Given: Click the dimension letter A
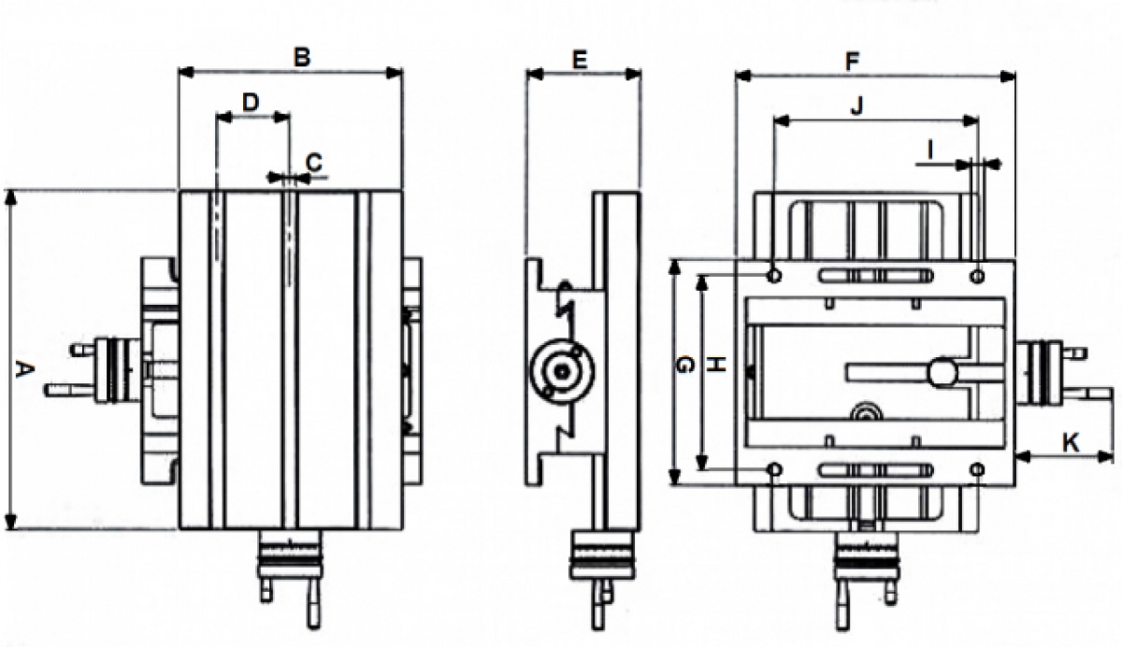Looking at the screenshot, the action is click(x=23, y=369).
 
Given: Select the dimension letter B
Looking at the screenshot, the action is click(x=302, y=58).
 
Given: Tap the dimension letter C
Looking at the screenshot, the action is click(x=314, y=163).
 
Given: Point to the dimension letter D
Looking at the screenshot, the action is click(x=251, y=103).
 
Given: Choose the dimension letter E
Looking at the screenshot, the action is click(x=580, y=60).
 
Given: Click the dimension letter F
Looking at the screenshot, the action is click(x=852, y=62).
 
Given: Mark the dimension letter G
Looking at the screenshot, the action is click(x=684, y=365).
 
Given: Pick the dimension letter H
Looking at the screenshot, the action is click(x=717, y=364).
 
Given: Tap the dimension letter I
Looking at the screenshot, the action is click(x=930, y=150).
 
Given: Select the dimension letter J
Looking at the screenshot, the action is click(x=857, y=107).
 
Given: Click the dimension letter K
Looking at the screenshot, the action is click(x=1071, y=442).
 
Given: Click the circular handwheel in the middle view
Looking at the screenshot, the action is click(x=563, y=371).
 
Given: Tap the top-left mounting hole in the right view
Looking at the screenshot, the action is click(x=774, y=276).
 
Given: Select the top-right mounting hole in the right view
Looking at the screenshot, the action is click(x=977, y=276).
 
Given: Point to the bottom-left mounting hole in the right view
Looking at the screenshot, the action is click(x=775, y=469).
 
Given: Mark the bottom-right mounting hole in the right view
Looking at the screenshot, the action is click(x=977, y=469).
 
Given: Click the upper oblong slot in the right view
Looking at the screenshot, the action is click(x=875, y=276).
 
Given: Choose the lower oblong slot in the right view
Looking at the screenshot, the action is click(x=875, y=469).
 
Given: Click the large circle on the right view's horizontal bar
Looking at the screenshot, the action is click(x=942, y=373).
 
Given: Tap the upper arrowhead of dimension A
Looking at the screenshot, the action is click(x=11, y=198).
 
